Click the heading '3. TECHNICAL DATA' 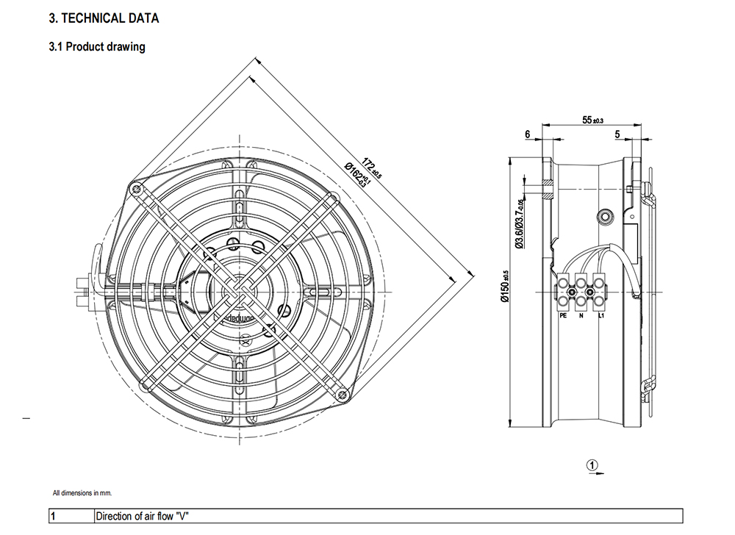(x=103, y=18)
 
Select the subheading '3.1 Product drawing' (x=96, y=47)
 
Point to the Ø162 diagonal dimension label (x=356, y=176)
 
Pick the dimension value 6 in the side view (x=528, y=134)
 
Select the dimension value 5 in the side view (x=618, y=134)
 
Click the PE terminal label (x=563, y=315)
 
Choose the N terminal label (x=581, y=315)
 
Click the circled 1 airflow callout (x=593, y=464)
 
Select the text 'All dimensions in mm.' (x=82, y=493)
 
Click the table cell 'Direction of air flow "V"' (x=143, y=516)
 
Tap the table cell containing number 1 (x=53, y=516)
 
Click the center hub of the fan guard (x=238, y=291)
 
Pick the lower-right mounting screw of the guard (x=342, y=395)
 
